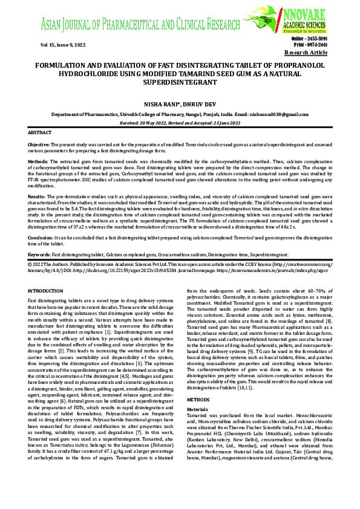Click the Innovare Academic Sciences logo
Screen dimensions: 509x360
(300, 18)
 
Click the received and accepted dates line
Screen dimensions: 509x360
(180, 123)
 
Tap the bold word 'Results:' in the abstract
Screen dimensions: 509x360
(37, 197)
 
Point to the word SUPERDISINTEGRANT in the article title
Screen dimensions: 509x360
(179, 80)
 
